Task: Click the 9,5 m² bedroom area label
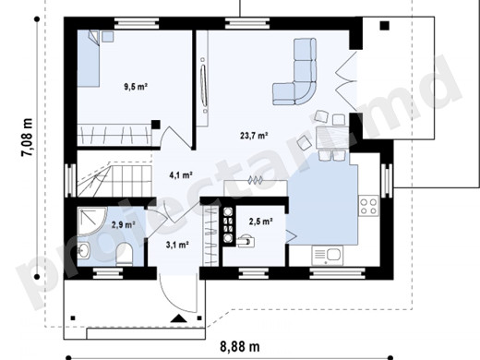pyautogui.click(x=136, y=87)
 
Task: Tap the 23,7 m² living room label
pyautogui.click(x=254, y=136)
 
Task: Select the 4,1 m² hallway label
pyautogui.click(x=181, y=175)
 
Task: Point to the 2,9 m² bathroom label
pyautogui.click(x=124, y=225)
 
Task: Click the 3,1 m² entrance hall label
pyautogui.click(x=177, y=245)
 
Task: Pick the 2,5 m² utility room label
pyautogui.click(x=261, y=222)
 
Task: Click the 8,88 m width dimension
pyautogui.click(x=240, y=347)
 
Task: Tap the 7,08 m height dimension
pyautogui.click(x=27, y=137)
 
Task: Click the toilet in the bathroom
pyautogui.click(x=125, y=254)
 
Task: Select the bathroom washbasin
pyautogui.click(x=83, y=250)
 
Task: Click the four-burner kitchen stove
pyautogui.click(x=368, y=206)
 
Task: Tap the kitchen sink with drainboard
pyautogui.click(x=328, y=255)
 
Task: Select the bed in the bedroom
pyautogui.click(x=89, y=58)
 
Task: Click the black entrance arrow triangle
pyautogui.click(x=179, y=318)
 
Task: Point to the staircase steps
pyautogui.click(x=114, y=181)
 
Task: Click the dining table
pyautogui.click(x=331, y=138)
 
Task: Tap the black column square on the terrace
pyautogui.click(x=384, y=26)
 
